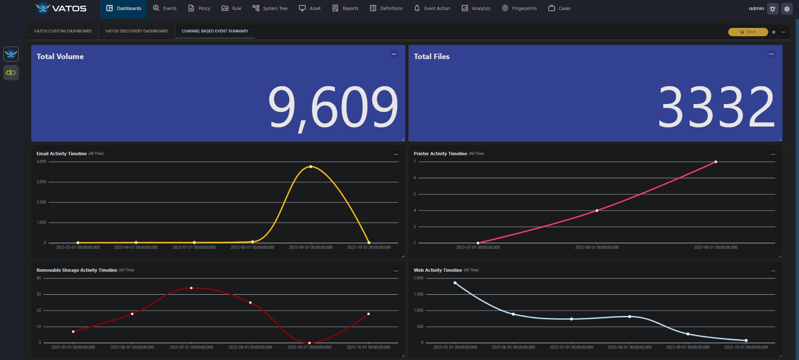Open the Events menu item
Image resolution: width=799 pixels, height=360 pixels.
(x=165, y=8)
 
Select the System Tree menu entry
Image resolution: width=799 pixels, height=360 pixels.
(x=270, y=8)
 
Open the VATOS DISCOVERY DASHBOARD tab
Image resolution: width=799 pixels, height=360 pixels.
(x=136, y=31)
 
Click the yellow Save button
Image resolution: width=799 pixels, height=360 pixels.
(x=748, y=32)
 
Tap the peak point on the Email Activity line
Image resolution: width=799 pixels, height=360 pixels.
(x=310, y=166)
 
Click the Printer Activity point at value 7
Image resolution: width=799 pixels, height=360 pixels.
(x=716, y=162)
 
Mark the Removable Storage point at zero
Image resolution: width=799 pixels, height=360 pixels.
(x=309, y=343)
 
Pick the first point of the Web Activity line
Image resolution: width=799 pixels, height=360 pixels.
(x=455, y=283)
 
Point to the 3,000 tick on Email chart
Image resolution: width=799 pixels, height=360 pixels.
(x=41, y=182)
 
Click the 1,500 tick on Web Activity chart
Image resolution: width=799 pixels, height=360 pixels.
(x=418, y=294)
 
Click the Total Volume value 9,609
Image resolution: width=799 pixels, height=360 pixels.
(x=333, y=107)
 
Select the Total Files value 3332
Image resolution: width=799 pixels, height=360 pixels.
(x=716, y=107)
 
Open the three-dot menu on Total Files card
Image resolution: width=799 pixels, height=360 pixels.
(x=771, y=54)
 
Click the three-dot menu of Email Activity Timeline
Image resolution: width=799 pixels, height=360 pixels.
(x=396, y=154)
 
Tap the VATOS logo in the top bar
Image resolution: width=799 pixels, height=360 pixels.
(x=61, y=8)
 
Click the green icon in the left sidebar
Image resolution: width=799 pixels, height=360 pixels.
(x=11, y=73)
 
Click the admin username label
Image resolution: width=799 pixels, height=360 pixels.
(x=756, y=8)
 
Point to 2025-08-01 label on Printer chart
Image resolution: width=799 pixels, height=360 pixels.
(x=597, y=247)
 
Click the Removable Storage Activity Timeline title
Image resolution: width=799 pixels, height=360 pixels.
(x=77, y=270)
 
